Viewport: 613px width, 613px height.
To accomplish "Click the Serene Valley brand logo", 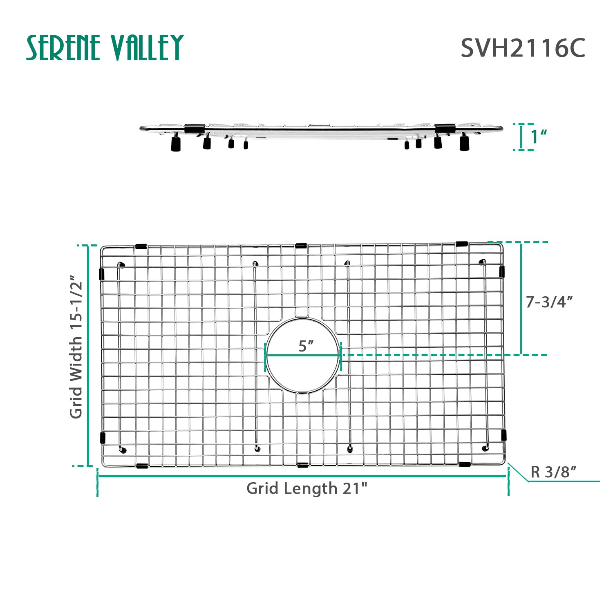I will [x=105, y=48].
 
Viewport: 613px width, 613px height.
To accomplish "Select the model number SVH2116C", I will [x=523, y=48].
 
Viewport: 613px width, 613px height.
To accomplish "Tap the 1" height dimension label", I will [x=539, y=137].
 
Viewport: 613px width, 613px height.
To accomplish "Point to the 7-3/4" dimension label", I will [x=549, y=302].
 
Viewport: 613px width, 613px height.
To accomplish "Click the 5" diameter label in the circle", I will [x=305, y=346].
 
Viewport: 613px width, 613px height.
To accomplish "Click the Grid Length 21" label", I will [x=306, y=488].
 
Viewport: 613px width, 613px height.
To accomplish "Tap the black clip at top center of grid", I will [x=301, y=246].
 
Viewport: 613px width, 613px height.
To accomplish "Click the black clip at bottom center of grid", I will [x=302, y=465].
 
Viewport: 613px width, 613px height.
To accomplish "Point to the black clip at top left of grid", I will [x=141, y=247].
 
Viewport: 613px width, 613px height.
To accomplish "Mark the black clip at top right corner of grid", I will [x=462, y=244].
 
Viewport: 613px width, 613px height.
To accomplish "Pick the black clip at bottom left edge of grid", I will [x=141, y=465].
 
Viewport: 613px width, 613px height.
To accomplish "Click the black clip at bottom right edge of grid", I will [x=465, y=464].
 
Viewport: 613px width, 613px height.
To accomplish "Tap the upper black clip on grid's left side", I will [x=102, y=274].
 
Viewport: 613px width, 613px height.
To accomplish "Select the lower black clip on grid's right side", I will [x=503, y=435].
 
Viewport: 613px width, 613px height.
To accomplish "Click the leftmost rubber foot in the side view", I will [x=176, y=144].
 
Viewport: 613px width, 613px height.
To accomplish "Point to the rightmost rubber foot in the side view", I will [x=464, y=143].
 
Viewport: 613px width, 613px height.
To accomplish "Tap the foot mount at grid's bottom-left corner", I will [x=123, y=450].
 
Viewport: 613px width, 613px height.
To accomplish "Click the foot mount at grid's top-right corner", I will [x=482, y=262].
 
